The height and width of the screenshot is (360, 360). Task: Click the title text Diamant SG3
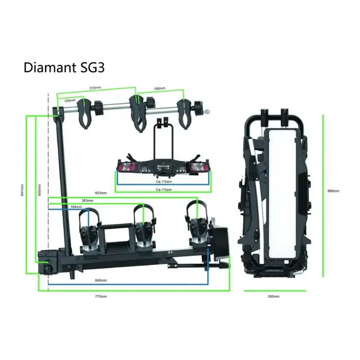click(x=64, y=68)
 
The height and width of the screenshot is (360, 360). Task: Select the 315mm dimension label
click(x=95, y=88)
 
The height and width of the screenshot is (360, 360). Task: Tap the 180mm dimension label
click(x=159, y=89)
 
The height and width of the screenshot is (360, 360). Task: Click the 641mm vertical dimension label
click(x=23, y=191)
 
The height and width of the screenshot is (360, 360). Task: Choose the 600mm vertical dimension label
click(x=40, y=191)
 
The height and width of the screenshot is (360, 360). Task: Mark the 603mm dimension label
click(x=100, y=193)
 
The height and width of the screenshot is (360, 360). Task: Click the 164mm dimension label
click(x=76, y=207)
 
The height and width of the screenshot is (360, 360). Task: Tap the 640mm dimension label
click(x=101, y=281)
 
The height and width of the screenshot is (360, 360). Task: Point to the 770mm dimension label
click(x=100, y=296)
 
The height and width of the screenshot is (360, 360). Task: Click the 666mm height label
click(x=333, y=191)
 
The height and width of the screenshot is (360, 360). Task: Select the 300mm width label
click(x=274, y=296)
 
